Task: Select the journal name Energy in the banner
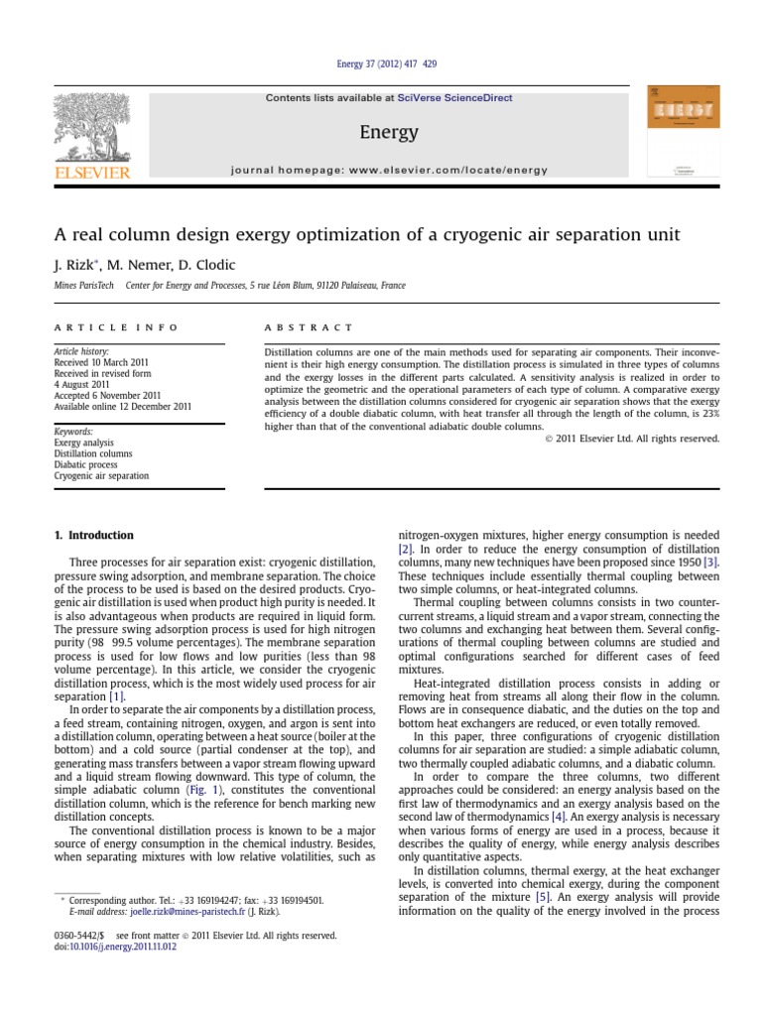coord(389,132)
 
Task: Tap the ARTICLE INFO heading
coord(116,326)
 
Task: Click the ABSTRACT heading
coord(309,326)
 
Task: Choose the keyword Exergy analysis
coord(84,443)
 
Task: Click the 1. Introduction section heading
coord(94,536)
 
